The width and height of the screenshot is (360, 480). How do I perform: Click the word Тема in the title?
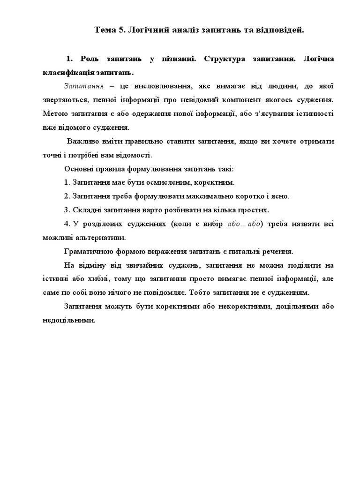(105, 30)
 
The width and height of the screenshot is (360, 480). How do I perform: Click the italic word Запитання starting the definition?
(81, 86)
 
